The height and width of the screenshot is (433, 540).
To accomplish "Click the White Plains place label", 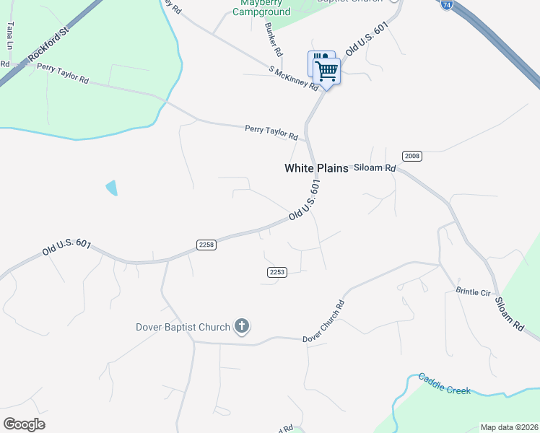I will point(316,168).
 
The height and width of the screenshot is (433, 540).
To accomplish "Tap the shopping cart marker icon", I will point(327,71).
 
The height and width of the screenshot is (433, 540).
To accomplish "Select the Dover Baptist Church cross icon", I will point(242,327).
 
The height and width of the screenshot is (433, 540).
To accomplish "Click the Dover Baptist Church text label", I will point(183,327).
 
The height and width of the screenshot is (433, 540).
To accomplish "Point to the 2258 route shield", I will point(206,245).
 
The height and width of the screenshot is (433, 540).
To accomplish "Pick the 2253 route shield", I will point(277,271).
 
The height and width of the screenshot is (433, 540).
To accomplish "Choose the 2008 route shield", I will point(411,156).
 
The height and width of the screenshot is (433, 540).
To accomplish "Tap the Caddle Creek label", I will point(445,385).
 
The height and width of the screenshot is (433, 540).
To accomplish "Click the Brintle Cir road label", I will point(473,292).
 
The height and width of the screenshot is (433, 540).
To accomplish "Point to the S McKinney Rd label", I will point(293,79).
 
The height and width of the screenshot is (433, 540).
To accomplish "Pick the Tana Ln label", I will point(10,35).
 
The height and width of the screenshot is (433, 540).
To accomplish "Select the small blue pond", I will point(111,188).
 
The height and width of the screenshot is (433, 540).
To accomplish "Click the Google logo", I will point(24,424).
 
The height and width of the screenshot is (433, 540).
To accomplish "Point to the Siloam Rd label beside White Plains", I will point(375,168).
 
